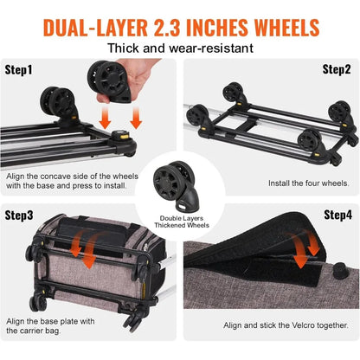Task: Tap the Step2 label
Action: pyautogui.click(x=336, y=69)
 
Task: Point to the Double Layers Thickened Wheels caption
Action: pyautogui.click(x=180, y=220)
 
